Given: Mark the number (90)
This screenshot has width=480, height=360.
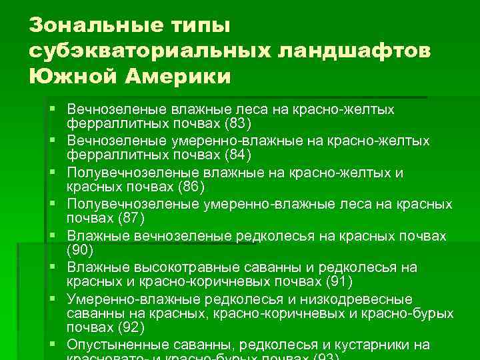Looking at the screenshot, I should pyautogui.click(x=83, y=251).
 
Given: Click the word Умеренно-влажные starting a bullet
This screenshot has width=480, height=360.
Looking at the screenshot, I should pyautogui.click(x=126, y=299).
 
